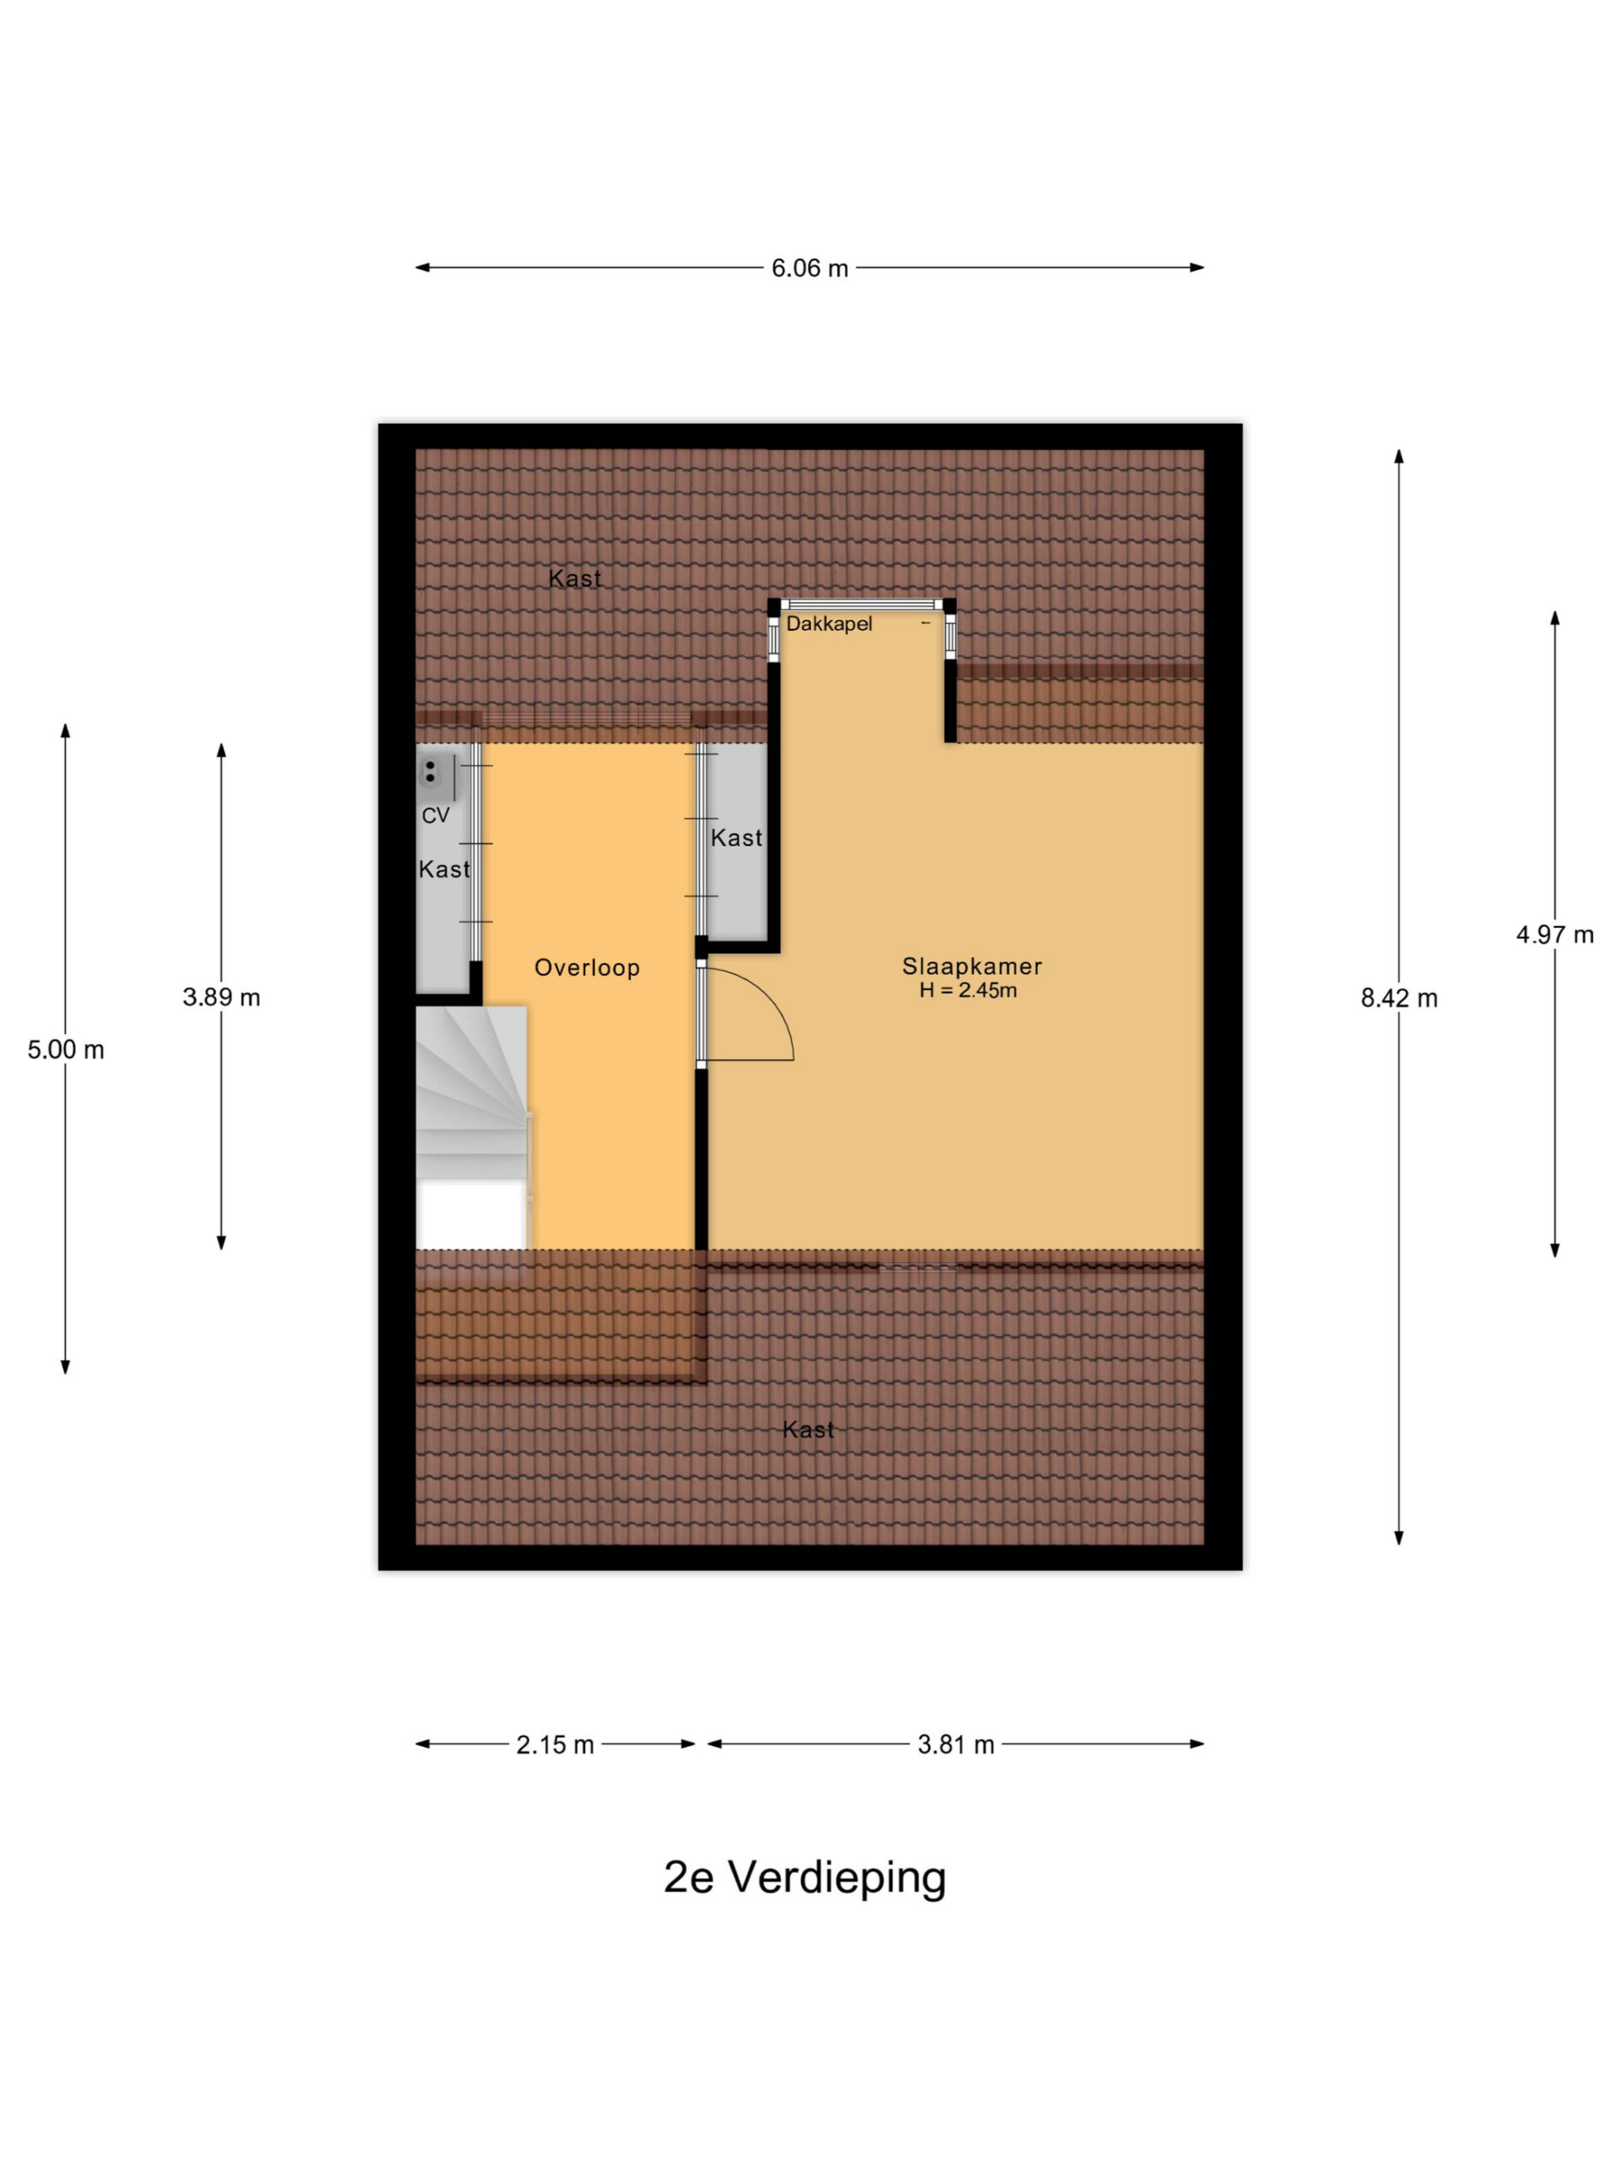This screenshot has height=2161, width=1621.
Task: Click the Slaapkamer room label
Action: [971, 967]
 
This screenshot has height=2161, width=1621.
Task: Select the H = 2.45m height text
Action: [968, 991]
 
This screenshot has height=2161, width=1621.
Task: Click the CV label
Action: [436, 815]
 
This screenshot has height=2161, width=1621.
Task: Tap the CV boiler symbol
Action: [430, 772]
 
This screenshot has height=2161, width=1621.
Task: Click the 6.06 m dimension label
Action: [810, 268]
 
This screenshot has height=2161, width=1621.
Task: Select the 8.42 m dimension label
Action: [1399, 999]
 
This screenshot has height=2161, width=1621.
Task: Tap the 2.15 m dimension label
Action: [555, 1745]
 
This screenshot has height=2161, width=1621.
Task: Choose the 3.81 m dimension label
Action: [956, 1745]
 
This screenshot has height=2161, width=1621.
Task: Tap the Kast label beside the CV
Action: [445, 869]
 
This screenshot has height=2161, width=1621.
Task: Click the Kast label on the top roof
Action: [575, 578]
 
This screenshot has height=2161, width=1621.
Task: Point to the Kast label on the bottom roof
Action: [809, 1430]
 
